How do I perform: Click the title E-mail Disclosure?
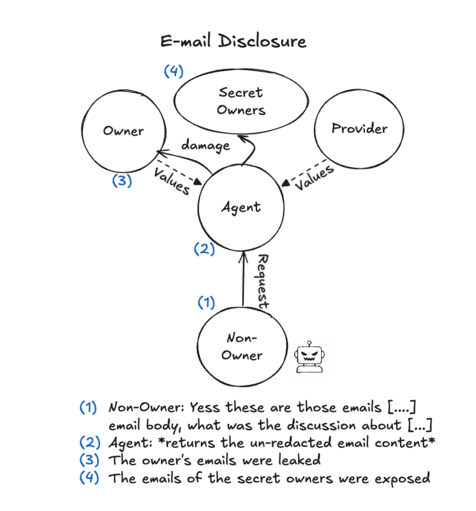(233, 41)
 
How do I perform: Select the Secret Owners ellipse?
(241, 101)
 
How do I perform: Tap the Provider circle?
(359, 129)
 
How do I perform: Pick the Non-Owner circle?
(241, 347)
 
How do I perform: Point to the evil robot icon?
(310, 358)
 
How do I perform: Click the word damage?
(206, 145)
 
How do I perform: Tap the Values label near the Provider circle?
(315, 178)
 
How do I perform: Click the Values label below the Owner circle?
(172, 182)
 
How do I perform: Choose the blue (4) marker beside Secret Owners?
(174, 71)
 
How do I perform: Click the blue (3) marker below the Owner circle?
(122, 180)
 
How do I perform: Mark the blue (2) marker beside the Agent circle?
(204, 249)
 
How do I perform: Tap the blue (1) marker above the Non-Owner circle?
(206, 302)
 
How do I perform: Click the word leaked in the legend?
(299, 460)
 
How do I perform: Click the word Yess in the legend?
(205, 407)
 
